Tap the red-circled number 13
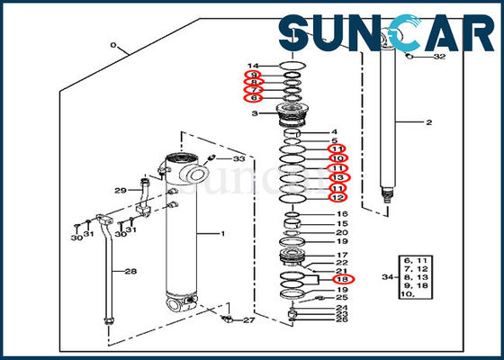337,177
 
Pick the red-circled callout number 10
337,157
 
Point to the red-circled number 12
337,197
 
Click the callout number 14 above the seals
253,65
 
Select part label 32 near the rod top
438,56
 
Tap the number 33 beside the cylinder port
238,159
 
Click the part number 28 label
130,271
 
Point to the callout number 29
120,190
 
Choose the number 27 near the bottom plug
248,320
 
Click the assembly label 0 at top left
113,44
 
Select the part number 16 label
343,213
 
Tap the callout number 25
342,298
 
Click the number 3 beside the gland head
255,114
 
